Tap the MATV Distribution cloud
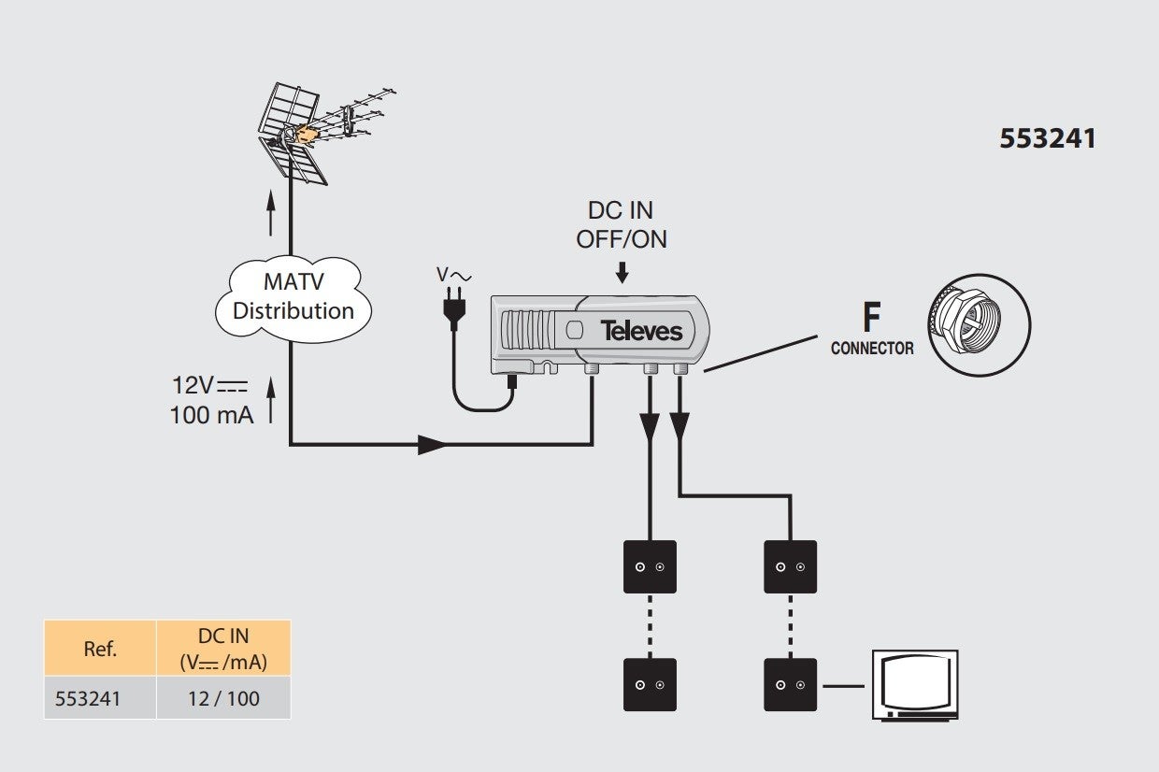click(293, 298)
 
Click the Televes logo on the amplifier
click(641, 331)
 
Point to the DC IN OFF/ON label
click(622, 224)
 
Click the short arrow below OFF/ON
click(622, 273)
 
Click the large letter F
click(872, 317)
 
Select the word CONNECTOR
click(872, 349)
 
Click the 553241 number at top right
click(1048, 138)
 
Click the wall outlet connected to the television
click(790, 684)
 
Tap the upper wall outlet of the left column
click(650, 566)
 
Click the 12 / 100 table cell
click(223, 698)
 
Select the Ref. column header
click(100, 649)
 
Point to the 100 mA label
click(211, 415)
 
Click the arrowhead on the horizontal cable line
click(432, 445)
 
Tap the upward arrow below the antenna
click(270, 213)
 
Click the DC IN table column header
click(223, 649)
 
